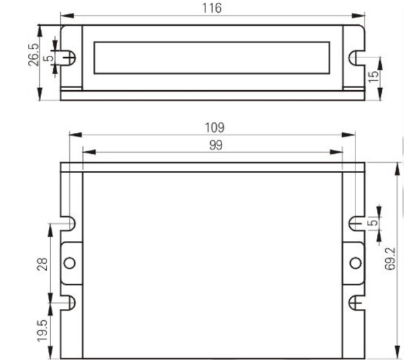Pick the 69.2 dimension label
[x=390, y=258]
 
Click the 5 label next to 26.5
[x=48, y=59]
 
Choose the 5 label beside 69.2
[x=372, y=222]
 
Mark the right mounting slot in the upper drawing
[x=356, y=58]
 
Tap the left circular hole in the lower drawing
[x=69, y=262]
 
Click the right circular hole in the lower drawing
[x=355, y=262]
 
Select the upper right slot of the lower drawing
[x=356, y=222]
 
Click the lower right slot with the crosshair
[x=356, y=302]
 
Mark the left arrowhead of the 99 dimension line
[x=86, y=153]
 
